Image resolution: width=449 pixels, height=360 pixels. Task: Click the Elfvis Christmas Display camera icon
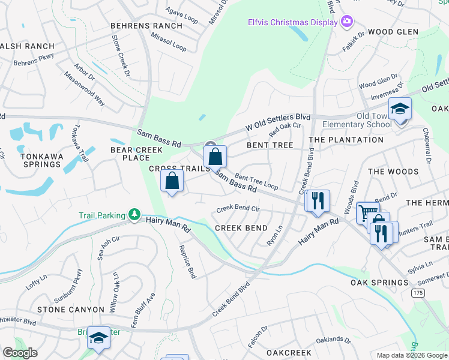tap(347, 22)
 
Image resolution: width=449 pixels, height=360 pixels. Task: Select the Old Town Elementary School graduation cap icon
tap(399, 110)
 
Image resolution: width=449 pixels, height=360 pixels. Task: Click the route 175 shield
tap(418, 292)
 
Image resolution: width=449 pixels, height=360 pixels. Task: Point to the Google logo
tap(20, 352)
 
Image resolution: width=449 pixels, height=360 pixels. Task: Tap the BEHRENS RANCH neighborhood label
tap(146, 26)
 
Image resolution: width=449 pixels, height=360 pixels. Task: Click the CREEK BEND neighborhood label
tap(241, 228)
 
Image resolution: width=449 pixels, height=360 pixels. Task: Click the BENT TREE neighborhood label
tap(270, 145)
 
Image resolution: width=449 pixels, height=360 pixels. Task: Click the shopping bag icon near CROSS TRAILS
tap(172, 181)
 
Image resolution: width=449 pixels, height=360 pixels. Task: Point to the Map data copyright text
tap(412, 355)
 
